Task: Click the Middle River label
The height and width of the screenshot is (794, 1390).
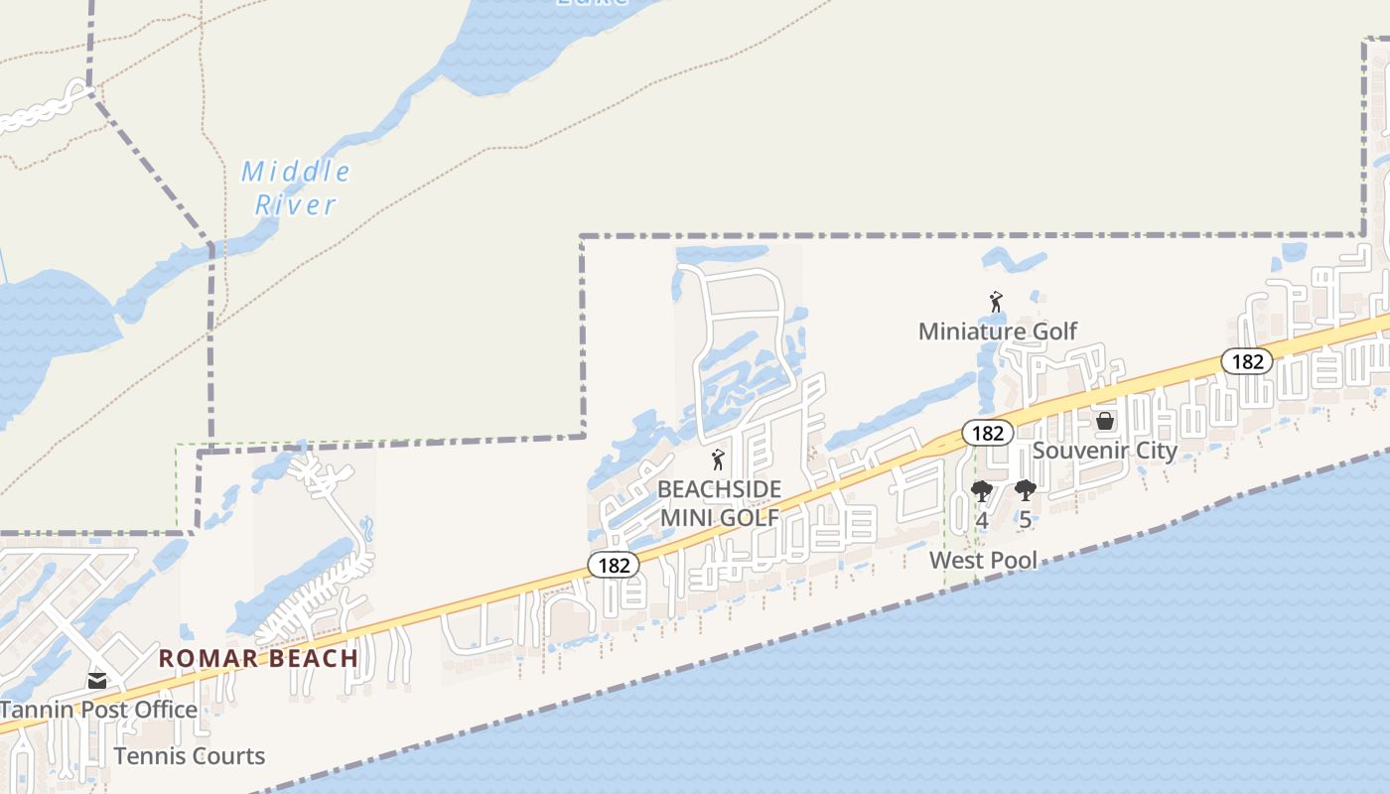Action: pyautogui.click(x=296, y=188)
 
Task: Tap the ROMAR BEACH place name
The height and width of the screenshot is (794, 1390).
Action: pyautogui.click(x=258, y=658)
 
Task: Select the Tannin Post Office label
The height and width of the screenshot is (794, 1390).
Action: pyautogui.click(x=98, y=710)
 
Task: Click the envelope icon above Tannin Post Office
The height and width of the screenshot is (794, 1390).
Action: pyautogui.click(x=96, y=681)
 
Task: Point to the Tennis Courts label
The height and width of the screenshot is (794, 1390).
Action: pyautogui.click(x=189, y=756)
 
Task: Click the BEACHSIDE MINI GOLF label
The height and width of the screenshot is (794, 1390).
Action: pyautogui.click(x=719, y=503)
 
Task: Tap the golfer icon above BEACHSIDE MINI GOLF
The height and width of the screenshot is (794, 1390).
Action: pyautogui.click(x=718, y=460)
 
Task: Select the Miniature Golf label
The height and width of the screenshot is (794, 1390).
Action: pyautogui.click(x=997, y=331)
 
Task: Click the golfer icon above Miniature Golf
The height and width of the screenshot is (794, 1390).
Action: pyautogui.click(x=996, y=302)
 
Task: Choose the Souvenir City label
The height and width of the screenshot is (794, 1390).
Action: pyautogui.click(x=1104, y=451)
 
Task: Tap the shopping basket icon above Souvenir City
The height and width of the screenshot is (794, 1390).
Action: pyautogui.click(x=1104, y=422)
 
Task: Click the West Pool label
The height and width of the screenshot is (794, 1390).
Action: pyautogui.click(x=982, y=561)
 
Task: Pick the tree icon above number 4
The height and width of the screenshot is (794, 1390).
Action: pyautogui.click(x=981, y=490)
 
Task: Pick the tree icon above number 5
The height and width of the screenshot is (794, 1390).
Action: pyautogui.click(x=1025, y=490)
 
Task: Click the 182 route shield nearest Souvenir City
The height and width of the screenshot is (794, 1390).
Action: pyautogui.click(x=987, y=433)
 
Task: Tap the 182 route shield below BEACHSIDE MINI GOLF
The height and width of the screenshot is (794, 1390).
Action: pyautogui.click(x=614, y=566)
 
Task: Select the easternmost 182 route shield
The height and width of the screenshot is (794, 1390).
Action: pyautogui.click(x=1246, y=361)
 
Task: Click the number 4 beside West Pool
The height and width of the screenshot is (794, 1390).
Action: pyautogui.click(x=981, y=520)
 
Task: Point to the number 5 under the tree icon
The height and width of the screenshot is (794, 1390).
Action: pyautogui.click(x=1025, y=520)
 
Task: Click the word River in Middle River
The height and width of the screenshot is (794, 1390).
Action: pyautogui.click(x=296, y=205)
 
